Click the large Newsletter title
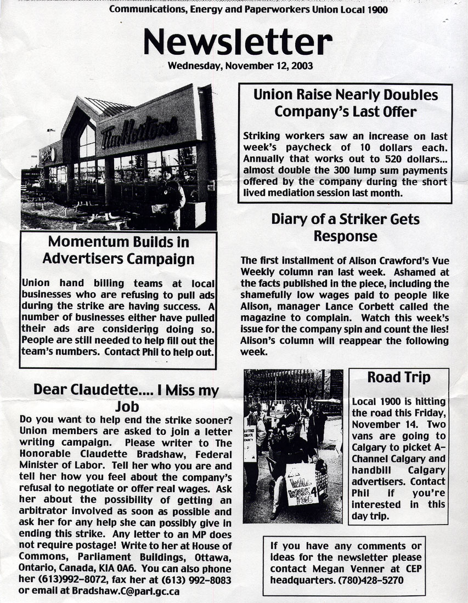pos(238,43)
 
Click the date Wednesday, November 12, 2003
pos(240,66)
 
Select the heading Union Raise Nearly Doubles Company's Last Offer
pos(345,103)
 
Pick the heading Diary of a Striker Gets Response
pos(345,227)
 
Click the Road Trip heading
pos(398,377)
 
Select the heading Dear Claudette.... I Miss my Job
pos(126,398)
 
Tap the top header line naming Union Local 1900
pos(251,9)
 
